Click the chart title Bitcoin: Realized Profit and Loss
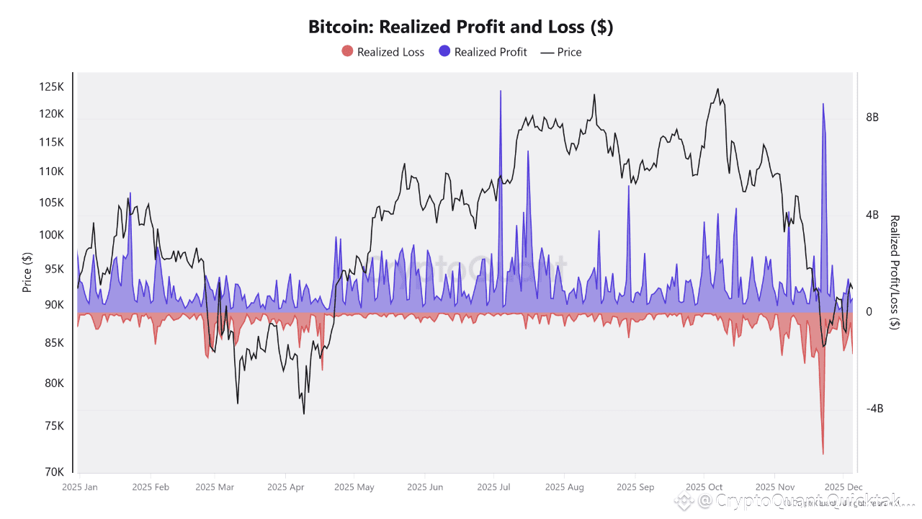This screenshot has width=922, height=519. pyautogui.click(x=460, y=27)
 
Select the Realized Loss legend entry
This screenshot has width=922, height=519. pyautogui.click(x=383, y=52)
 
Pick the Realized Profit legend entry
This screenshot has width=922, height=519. pyautogui.click(x=483, y=52)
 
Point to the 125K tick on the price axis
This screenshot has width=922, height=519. pyautogui.click(x=52, y=87)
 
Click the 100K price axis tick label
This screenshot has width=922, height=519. pyautogui.click(x=52, y=235)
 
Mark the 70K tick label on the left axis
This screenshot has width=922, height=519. pyautogui.click(x=55, y=472)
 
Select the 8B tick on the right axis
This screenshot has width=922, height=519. pyautogui.click(x=872, y=117)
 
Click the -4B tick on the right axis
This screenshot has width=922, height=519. pyautogui.click(x=874, y=409)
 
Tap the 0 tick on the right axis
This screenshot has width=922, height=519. pyautogui.click(x=869, y=311)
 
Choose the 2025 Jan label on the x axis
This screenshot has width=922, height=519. pyautogui.click(x=80, y=487)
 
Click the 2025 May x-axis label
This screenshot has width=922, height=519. pyautogui.click(x=354, y=487)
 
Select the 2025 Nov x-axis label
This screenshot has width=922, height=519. pyautogui.click(x=776, y=487)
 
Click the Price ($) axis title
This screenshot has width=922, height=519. pyautogui.click(x=27, y=272)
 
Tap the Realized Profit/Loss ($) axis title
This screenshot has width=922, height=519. pyautogui.click(x=895, y=272)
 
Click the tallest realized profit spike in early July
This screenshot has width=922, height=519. pyautogui.click(x=500, y=92)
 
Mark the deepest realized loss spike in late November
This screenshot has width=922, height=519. pyautogui.click(x=823, y=453)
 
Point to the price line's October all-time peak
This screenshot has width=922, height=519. pyautogui.click(x=717, y=89)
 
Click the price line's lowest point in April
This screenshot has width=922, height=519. pyautogui.click(x=304, y=413)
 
